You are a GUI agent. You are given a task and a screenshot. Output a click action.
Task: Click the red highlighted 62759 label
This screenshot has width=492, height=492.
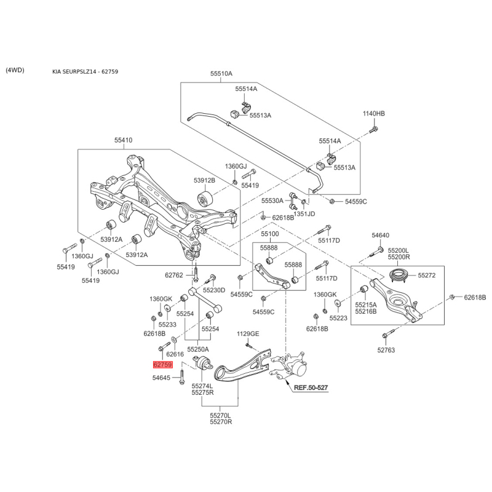(162, 365)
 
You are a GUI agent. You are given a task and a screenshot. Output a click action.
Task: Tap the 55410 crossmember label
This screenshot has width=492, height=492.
(124, 140)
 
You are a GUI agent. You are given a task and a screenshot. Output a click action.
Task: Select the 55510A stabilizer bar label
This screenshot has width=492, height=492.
(221, 74)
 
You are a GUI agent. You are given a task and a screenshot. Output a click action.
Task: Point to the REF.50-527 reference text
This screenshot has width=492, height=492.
(311, 387)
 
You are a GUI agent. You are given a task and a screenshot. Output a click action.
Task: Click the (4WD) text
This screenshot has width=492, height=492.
(15, 70)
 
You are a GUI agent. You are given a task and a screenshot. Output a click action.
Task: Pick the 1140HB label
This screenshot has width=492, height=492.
(374, 114)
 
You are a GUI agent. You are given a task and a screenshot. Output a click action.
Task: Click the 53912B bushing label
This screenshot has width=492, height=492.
(204, 180)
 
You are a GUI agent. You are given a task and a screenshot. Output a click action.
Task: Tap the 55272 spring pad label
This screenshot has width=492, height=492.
(427, 276)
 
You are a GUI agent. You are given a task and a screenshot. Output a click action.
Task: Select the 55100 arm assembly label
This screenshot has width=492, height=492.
(270, 234)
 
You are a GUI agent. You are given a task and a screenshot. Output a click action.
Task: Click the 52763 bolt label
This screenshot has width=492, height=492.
(386, 350)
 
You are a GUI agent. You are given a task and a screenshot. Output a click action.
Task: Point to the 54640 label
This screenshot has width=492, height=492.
(380, 236)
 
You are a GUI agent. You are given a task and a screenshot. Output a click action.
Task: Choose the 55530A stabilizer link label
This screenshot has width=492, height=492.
(272, 200)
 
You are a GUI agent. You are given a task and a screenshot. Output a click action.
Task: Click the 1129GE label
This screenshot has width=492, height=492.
(248, 334)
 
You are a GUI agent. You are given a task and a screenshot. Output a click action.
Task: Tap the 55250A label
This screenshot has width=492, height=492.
(198, 349)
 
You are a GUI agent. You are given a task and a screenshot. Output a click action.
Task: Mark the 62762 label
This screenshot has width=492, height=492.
(174, 276)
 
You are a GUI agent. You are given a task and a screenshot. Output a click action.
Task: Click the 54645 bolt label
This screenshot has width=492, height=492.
(161, 378)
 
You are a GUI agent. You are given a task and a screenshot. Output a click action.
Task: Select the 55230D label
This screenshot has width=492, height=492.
(214, 290)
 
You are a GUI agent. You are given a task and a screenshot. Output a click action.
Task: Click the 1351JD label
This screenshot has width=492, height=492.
(304, 214)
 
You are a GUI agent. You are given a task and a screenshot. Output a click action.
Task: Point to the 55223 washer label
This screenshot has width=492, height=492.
(338, 318)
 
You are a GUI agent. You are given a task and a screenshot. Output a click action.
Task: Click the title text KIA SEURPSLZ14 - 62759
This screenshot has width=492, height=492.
(85, 71)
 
